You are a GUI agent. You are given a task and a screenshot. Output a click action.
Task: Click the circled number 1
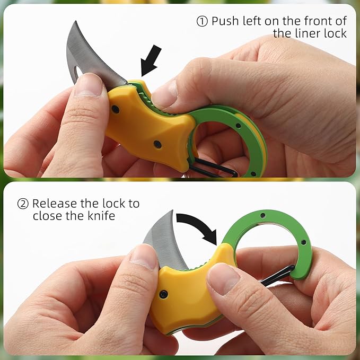[x=202, y=21]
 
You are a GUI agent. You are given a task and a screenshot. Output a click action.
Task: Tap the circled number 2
[x=23, y=204]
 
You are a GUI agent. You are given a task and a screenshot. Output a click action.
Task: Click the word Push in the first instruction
[x=225, y=21]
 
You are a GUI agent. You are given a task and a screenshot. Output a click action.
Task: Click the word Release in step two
[x=55, y=204]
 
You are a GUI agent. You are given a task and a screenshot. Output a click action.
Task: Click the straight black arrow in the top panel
[x=151, y=60]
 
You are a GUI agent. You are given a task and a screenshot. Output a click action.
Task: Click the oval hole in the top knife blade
[x=79, y=72]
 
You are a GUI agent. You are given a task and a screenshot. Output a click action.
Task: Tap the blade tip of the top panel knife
[x=76, y=21]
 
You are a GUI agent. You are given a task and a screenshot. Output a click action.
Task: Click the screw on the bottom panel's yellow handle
[x=163, y=294]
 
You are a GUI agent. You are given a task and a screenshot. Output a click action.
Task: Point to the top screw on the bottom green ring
[x=263, y=215]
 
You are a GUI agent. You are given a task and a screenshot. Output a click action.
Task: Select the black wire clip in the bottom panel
[x=278, y=276]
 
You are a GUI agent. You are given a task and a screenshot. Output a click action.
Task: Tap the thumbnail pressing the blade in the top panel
[x=89, y=85]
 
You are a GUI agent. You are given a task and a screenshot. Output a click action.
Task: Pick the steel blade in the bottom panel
[x=164, y=241]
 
